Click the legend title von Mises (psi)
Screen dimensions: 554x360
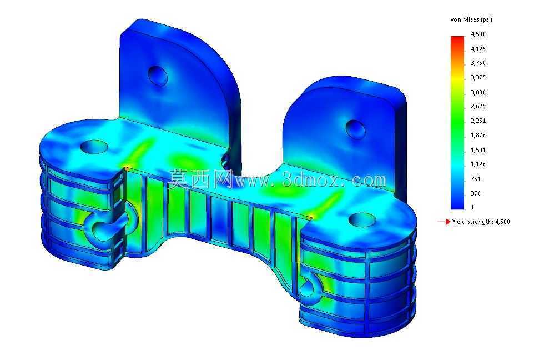471,19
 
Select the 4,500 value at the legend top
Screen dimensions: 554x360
479,34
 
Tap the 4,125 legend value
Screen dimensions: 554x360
479,49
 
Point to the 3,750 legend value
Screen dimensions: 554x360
479,63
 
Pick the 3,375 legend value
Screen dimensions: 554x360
479,77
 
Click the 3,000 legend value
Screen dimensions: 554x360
479,92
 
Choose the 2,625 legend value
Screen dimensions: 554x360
479,106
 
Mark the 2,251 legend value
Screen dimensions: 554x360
479,121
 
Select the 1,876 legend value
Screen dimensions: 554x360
479,135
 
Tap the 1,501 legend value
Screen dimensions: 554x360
479,150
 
